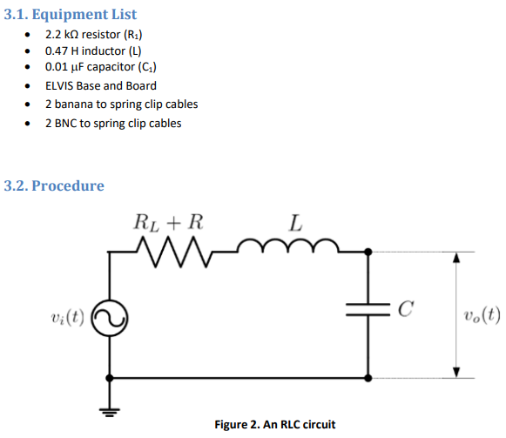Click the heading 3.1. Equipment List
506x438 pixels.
71,14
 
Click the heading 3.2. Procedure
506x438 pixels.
54,185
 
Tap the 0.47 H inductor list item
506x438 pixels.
93,51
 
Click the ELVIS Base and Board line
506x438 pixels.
101,85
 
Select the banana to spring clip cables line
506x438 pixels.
121,104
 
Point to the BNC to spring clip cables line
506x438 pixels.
113,123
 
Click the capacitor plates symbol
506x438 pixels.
369,309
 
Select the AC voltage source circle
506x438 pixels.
111,318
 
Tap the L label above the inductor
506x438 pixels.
296,221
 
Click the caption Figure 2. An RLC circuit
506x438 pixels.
274,424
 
